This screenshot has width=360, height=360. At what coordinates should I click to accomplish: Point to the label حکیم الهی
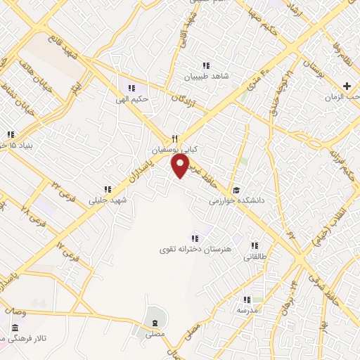[x=132, y=99]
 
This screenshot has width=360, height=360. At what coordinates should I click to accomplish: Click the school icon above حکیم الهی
[x=131, y=88]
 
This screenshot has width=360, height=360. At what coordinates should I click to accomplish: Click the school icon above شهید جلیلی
[x=108, y=188]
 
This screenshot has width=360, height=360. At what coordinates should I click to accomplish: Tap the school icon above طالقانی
[x=254, y=246]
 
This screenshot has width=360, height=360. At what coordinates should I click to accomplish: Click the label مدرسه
[x=247, y=310]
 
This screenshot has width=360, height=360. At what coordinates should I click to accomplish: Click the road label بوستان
[x=310, y=70]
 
